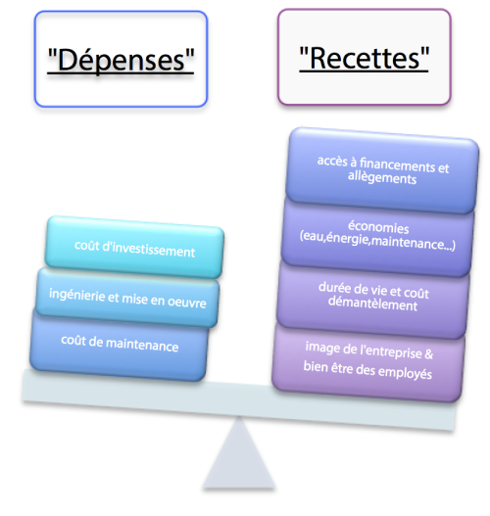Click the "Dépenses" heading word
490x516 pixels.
pos(121,60)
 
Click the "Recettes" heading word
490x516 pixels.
pos(365,58)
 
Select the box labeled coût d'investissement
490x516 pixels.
pos(134,247)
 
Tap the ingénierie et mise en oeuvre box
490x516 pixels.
pos(127,298)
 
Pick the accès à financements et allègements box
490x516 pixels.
pos(382,170)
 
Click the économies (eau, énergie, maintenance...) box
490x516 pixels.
pos(377,236)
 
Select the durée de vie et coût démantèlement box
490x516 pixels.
pos(372,297)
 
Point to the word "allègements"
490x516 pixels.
pos(382,177)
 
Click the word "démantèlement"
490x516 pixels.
pos(372,304)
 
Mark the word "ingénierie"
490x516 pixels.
pos(77,295)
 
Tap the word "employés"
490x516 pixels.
pos(405,372)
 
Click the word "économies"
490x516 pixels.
pos(378,227)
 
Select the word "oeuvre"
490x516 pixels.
pos(187,302)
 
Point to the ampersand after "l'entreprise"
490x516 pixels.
pos(429,354)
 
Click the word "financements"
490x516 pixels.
pos(398,164)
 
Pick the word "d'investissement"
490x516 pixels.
pos(149,249)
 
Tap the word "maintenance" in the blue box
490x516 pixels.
pos(142,345)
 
